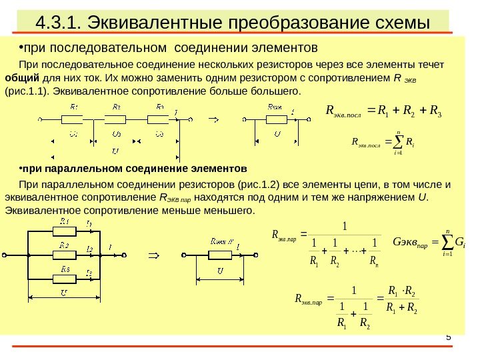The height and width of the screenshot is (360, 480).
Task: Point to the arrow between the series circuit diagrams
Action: pos(215,120)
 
